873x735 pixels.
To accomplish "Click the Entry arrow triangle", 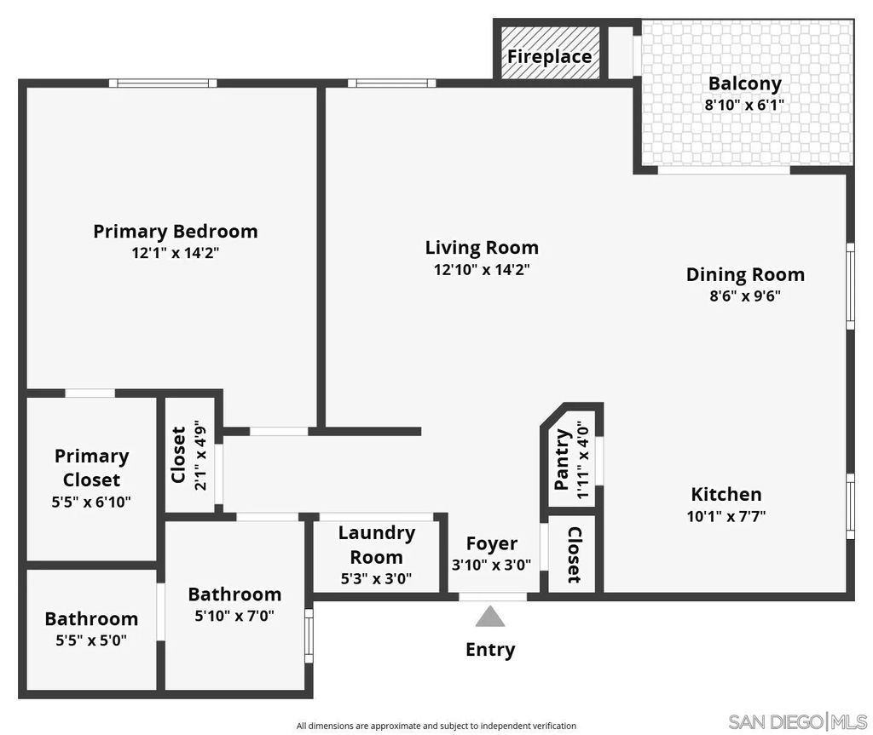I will coord(489,617).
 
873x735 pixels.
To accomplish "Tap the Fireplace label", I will coord(550,57).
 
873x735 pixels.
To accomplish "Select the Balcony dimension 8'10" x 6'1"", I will coord(744,106).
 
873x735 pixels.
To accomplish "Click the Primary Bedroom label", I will coord(175,231).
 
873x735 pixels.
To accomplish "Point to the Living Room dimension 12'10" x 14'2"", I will coord(482,270).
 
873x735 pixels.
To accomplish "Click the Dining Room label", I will coord(745,274).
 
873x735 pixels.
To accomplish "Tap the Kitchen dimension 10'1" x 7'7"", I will coord(726,516).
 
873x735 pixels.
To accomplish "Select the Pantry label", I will coord(562,460).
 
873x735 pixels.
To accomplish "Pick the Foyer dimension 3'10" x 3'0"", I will coord(491,564).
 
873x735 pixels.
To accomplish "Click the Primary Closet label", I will coord(91,468).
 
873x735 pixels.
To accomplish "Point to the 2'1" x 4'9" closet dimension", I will coord(201,455).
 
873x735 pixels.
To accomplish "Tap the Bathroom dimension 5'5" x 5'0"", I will coord(90,640).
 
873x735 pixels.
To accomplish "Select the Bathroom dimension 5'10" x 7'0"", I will coord(234,615).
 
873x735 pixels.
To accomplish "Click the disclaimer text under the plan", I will coord(436,726).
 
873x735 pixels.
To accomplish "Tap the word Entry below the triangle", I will coord(490,650).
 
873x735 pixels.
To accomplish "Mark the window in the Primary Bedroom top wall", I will coord(163,83).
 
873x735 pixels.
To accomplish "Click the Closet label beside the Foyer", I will coord(575,555).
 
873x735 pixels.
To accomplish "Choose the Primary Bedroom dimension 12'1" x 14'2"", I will coord(175,253).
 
